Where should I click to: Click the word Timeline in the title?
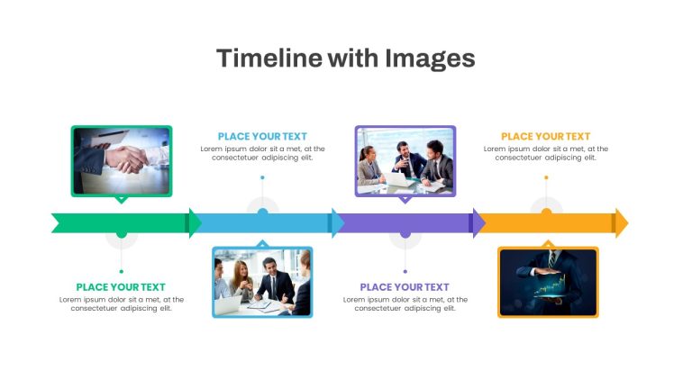[x=269, y=58]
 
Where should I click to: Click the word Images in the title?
[x=430, y=59]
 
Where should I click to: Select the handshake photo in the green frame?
[x=122, y=161]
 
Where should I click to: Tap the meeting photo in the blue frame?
[x=262, y=282]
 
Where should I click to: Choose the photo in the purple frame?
[x=405, y=161]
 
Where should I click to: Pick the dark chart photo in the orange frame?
[x=548, y=282]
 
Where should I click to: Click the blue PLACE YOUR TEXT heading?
[x=262, y=137]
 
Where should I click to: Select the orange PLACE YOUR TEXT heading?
[x=546, y=137]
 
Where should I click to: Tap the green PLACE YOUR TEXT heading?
[x=121, y=287]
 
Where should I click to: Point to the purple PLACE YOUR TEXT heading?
[x=405, y=287]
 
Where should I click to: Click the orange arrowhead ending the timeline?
[x=622, y=223]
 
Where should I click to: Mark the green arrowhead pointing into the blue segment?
[x=195, y=223]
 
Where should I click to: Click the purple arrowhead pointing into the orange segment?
[x=479, y=223]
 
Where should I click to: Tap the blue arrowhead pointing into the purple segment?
[x=338, y=223]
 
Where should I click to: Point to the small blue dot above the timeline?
[x=262, y=177]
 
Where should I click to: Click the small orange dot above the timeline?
[x=546, y=177]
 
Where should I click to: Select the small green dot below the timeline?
[x=122, y=271]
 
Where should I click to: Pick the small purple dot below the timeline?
[x=405, y=271]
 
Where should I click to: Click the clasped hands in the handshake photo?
[x=128, y=158]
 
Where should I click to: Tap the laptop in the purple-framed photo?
[x=396, y=179]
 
